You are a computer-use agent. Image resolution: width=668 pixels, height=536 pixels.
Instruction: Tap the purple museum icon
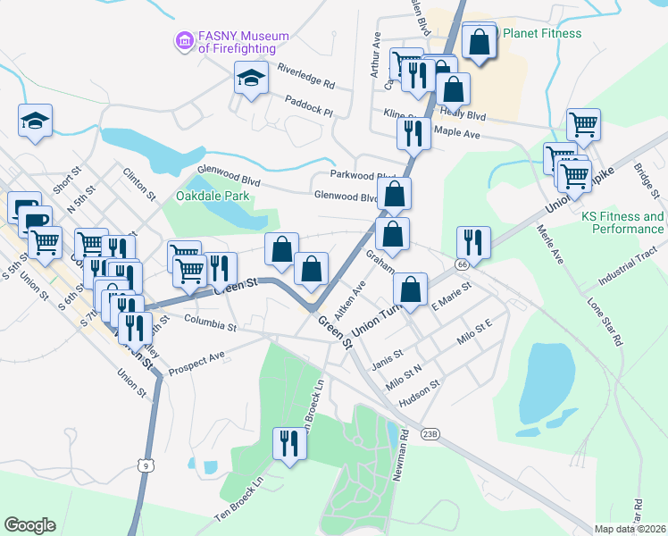[185, 40]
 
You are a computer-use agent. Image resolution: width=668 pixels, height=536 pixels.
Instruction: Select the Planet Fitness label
[542, 34]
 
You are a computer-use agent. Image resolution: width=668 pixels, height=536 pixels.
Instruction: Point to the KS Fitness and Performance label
[622, 222]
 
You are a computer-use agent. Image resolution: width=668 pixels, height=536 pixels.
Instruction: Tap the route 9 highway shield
[144, 465]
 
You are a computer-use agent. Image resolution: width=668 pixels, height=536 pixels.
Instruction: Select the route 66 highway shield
[461, 265]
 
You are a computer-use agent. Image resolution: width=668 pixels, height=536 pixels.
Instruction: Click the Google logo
[29, 525]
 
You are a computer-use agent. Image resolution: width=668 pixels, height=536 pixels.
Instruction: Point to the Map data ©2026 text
[630, 529]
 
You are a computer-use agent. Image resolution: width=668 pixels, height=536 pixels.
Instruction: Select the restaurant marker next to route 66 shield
[472, 241]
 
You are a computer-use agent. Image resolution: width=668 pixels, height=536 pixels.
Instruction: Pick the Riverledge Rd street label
[305, 77]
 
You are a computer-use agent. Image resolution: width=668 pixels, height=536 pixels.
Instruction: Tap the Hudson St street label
[420, 393]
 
